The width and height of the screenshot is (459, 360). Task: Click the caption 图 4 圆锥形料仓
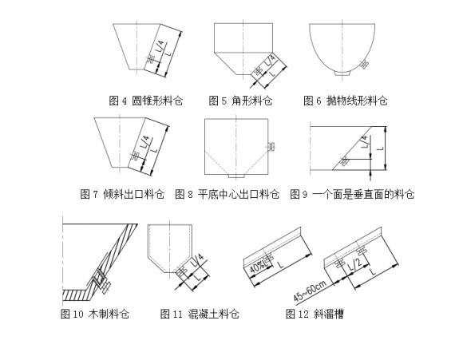146,101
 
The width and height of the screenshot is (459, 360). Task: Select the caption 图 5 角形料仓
240,101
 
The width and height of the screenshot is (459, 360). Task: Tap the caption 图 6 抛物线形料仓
345,101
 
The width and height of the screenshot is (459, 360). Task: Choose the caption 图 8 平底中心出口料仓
227,194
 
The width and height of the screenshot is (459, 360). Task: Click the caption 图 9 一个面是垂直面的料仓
352,194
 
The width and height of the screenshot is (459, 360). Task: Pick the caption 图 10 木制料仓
94,314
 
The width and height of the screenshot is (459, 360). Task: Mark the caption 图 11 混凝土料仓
200,314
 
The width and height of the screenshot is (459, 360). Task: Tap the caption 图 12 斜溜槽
315,314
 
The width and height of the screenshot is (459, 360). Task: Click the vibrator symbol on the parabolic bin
365,65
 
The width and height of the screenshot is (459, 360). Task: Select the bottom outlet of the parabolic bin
341,76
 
